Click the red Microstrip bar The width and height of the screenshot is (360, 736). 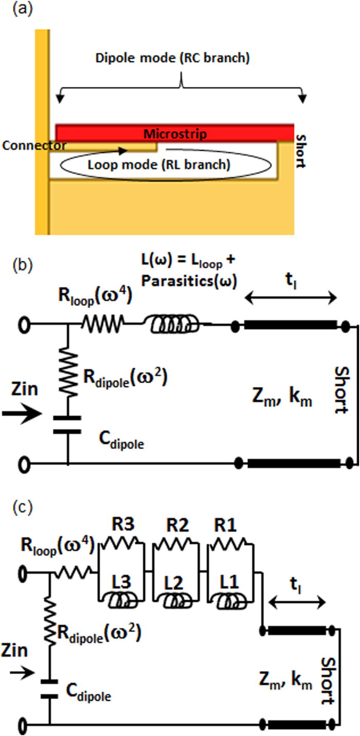point(175,133)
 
